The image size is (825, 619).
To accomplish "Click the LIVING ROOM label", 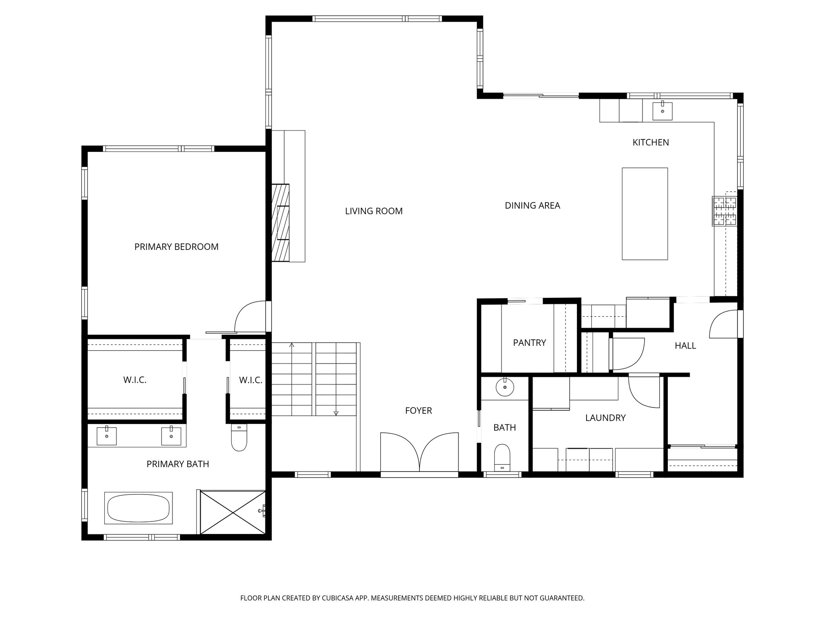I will pos(373,211).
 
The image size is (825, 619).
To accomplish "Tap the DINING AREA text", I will pos(532,206).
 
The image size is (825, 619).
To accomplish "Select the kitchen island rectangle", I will pos(645,214).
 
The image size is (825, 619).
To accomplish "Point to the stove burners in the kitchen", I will pos(724,211).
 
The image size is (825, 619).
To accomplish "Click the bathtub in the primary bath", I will pos(138,508).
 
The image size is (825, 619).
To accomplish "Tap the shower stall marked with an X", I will pos(233,512).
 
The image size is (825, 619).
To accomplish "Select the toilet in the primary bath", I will pos(239,439).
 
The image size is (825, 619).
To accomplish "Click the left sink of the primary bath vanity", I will pos(107,436).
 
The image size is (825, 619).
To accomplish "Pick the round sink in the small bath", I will pos(504,388).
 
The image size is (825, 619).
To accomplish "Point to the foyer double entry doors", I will pos(419,452).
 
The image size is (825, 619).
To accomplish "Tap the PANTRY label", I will pos(529,343).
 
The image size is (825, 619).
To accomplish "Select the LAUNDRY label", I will pos(605,418).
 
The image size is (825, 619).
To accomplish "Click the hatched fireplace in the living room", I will pos(280,222).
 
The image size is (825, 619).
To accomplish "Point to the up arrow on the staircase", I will pos(292,346).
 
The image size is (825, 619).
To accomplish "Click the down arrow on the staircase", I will pos(336,412).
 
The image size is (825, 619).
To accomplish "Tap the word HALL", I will pos(685,346).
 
